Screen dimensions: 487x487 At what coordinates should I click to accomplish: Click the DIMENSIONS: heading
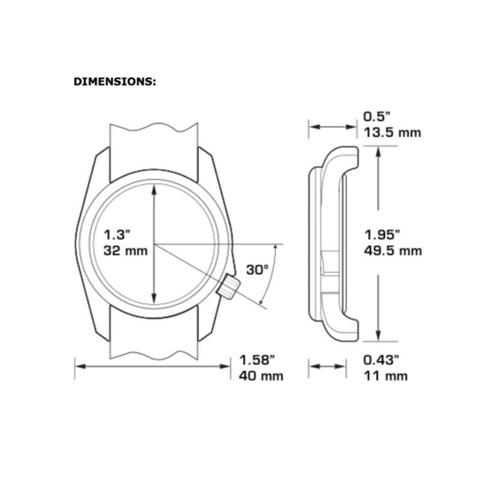point(114,82)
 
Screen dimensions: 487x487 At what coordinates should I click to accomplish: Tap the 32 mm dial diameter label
point(125,251)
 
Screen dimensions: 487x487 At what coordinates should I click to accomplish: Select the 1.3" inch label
point(116,234)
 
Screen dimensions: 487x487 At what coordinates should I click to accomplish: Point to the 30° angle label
point(257,270)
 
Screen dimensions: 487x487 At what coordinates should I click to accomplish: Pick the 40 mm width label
point(261,376)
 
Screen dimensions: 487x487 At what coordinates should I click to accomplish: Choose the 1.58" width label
point(257,360)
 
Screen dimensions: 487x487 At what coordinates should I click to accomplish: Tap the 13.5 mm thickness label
point(393,133)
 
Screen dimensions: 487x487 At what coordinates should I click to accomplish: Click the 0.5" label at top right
point(376,117)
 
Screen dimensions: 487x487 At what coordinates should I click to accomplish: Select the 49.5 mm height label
point(393,251)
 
